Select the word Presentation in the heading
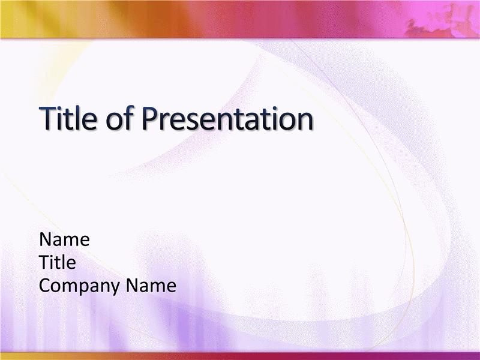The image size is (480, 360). [x=227, y=118]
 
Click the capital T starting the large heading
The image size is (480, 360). [x=49, y=118]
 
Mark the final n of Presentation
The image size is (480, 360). [x=305, y=121]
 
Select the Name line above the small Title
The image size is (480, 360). [x=64, y=239]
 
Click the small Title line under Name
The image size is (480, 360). [x=58, y=262]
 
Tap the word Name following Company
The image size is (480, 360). [x=151, y=286]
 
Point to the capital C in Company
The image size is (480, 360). [x=45, y=286]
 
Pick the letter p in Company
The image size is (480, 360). [x=84, y=289]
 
